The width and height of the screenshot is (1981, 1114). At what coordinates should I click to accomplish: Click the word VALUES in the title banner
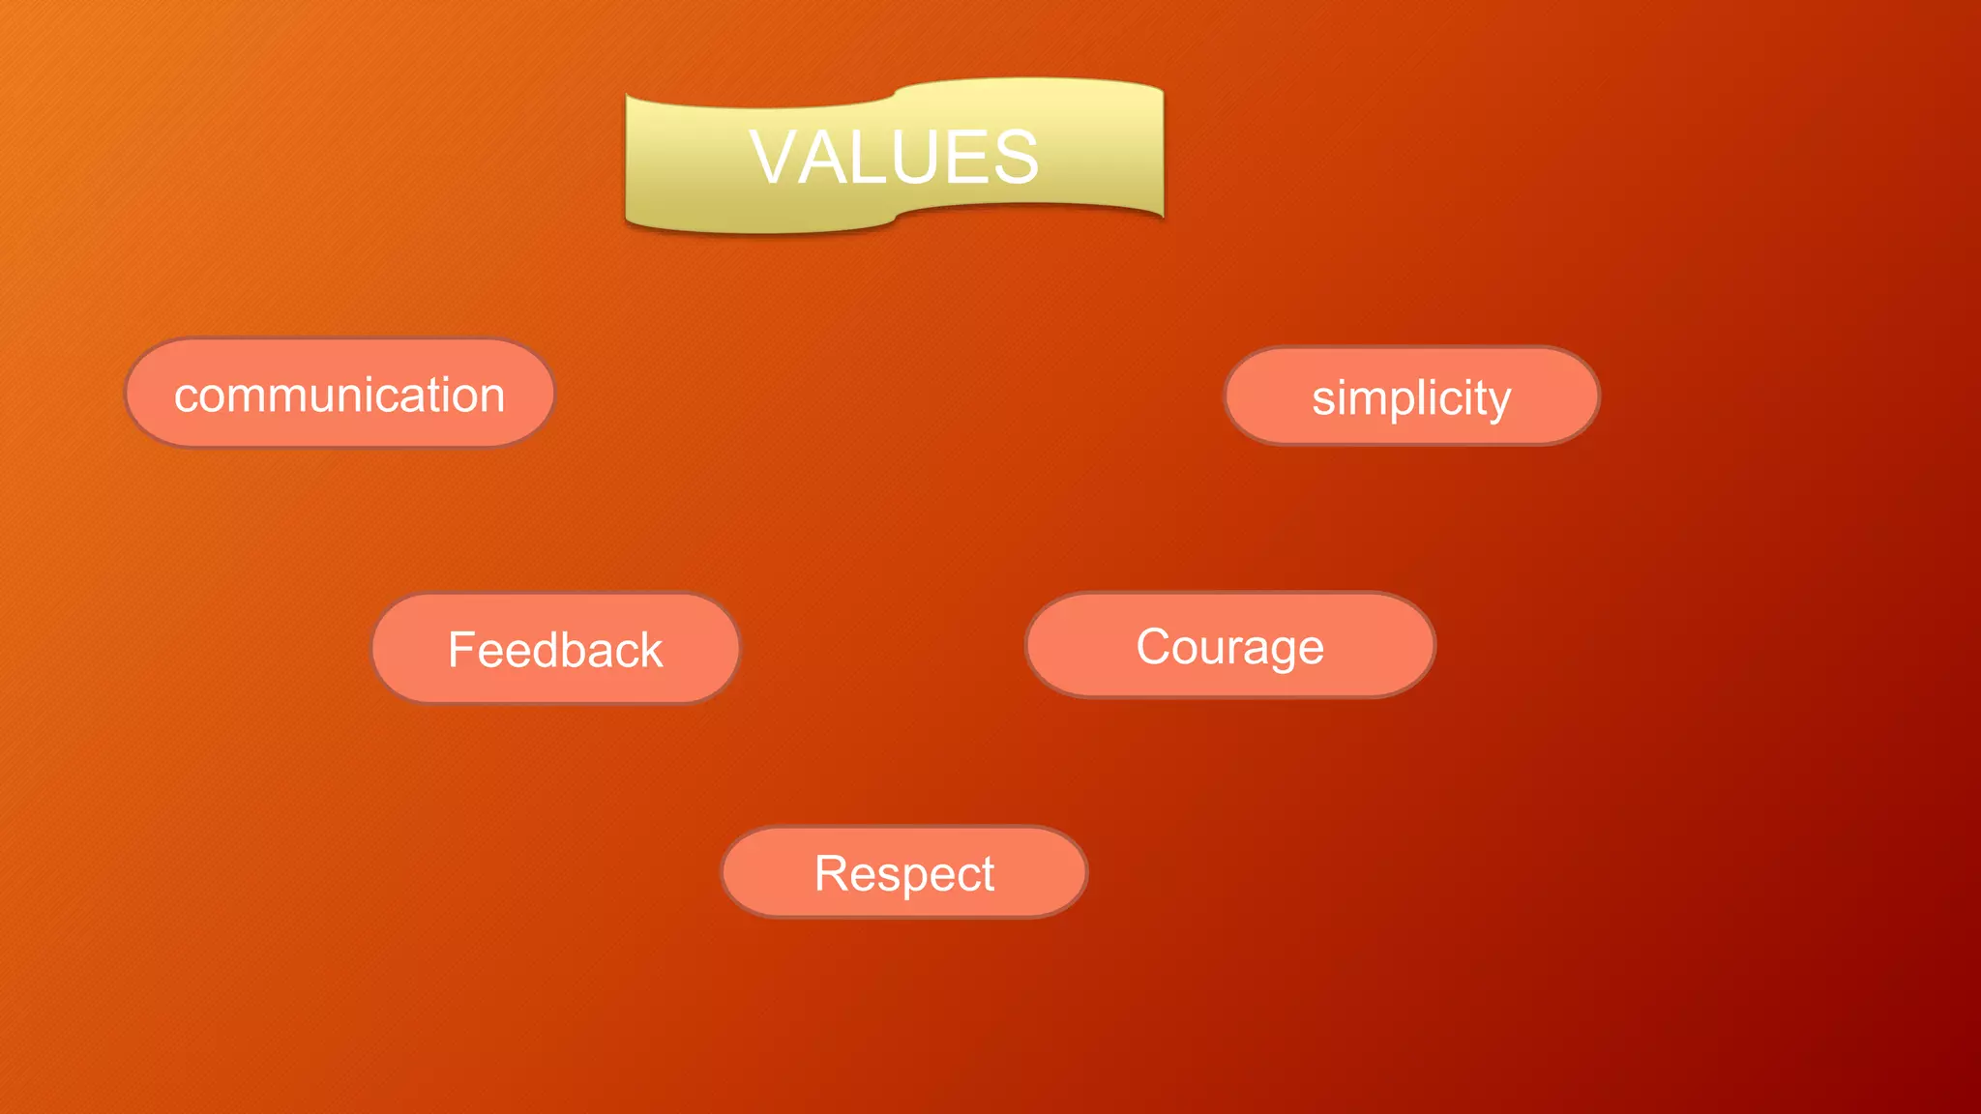click(x=894, y=157)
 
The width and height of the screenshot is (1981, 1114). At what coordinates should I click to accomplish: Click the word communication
click(x=340, y=395)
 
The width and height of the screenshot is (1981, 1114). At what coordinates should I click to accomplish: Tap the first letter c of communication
click(x=185, y=396)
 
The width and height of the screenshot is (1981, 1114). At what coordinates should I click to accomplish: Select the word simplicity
click(x=1411, y=397)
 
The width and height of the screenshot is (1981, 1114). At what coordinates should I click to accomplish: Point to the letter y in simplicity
click(x=1499, y=402)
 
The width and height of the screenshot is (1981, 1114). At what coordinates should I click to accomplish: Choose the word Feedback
click(x=555, y=649)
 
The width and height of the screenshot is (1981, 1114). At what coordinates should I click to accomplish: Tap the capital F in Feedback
click(x=461, y=649)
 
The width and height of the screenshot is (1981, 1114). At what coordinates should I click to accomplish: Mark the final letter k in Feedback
click(x=651, y=649)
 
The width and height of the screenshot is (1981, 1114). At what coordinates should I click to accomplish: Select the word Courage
click(x=1229, y=646)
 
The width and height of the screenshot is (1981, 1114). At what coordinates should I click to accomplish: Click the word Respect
click(x=904, y=873)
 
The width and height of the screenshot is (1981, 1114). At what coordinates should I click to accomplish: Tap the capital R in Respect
click(x=832, y=873)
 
